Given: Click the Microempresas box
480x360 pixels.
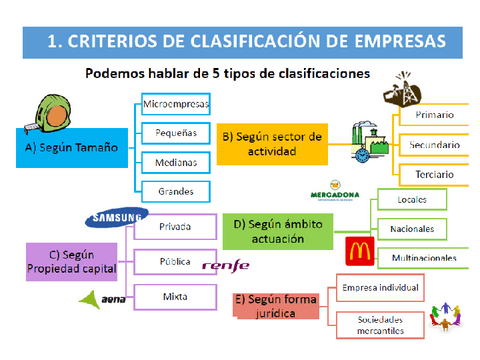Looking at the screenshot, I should point(175,103).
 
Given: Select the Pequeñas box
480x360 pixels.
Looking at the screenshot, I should point(175,132).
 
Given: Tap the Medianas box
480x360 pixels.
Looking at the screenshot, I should point(175,161).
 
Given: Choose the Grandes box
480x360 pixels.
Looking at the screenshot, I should point(175,190).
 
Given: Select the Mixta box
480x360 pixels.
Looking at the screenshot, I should point(175,296).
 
